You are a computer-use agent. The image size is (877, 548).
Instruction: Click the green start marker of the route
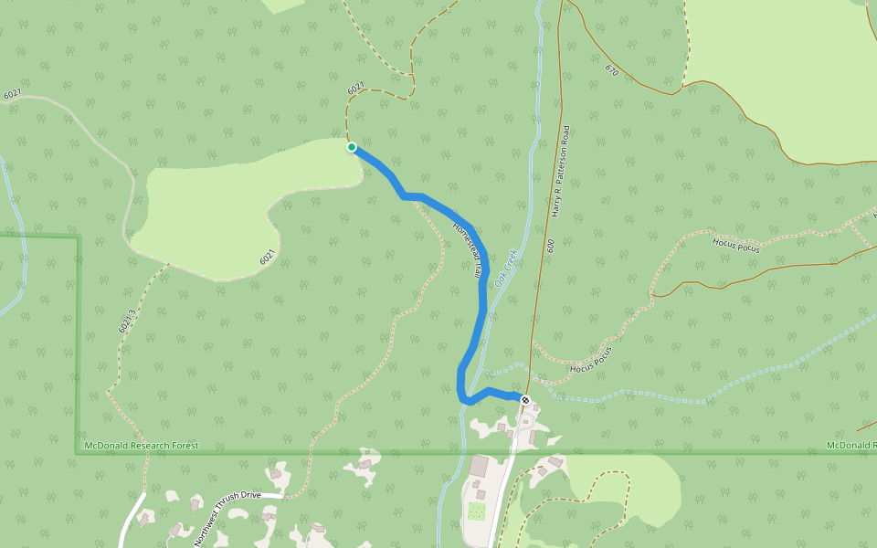tap(352, 147)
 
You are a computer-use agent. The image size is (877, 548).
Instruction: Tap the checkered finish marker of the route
tap(525, 399)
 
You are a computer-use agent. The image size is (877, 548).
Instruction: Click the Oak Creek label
tap(506, 268)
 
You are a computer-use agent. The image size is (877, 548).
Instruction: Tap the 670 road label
tap(611, 69)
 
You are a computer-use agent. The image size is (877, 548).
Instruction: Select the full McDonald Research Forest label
tap(140, 446)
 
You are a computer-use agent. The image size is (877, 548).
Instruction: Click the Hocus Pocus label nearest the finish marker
tap(589, 360)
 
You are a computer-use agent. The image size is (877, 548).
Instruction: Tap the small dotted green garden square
tap(476, 511)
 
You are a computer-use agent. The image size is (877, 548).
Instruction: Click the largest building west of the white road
tap(480, 466)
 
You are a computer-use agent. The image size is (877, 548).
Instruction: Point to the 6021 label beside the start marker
tap(356, 88)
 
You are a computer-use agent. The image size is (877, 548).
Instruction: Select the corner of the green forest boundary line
tap(77, 237)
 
